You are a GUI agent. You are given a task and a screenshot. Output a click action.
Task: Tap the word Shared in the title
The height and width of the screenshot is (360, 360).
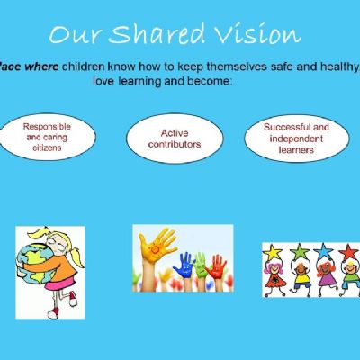click(x=157, y=32)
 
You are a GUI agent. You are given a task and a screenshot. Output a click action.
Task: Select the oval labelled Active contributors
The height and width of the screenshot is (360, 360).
click(x=175, y=139)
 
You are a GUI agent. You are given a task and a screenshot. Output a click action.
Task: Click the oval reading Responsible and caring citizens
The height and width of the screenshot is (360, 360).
click(x=48, y=137)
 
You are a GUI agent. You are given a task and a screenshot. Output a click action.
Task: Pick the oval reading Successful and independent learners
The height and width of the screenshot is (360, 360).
click(x=297, y=139)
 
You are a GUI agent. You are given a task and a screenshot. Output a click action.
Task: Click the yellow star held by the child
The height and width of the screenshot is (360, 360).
click(x=272, y=252)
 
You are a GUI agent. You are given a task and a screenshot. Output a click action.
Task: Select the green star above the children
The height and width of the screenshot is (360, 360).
click(x=299, y=251)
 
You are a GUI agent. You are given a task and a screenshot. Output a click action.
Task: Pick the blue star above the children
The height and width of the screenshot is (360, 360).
click(x=323, y=251)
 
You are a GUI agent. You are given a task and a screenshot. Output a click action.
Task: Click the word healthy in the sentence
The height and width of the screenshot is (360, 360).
click(x=339, y=67)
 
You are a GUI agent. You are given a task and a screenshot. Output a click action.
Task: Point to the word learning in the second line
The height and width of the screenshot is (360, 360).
click(x=139, y=82)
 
